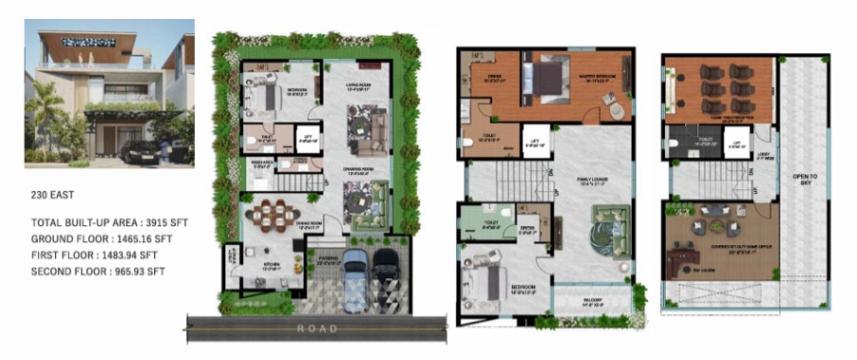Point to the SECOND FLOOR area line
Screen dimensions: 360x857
tap(99, 271)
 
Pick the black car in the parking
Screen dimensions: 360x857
tap(386, 270)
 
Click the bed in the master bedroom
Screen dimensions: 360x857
tap(549, 78)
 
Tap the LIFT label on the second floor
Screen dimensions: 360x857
tap(733, 145)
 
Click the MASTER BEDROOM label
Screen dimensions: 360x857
tap(601, 77)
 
